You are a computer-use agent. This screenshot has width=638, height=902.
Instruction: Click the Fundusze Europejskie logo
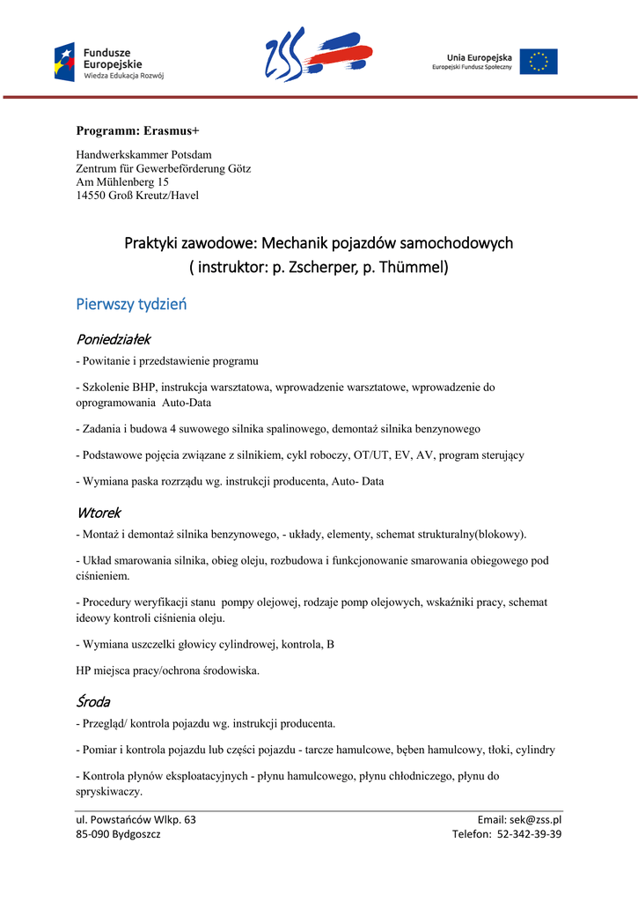[108, 61]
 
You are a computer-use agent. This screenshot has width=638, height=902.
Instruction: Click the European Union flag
[538, 62]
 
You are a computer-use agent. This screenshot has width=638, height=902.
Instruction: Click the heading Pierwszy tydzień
[131, 305]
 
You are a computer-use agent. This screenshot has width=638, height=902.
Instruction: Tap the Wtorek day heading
[99, 513]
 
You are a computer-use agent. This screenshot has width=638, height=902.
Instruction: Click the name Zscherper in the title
[318, 266]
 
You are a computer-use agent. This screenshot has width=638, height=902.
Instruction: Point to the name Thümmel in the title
[412, 266]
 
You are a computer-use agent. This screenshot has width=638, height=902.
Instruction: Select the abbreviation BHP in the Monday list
[143, 387]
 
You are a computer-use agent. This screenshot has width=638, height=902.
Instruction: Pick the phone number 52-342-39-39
[529, 833]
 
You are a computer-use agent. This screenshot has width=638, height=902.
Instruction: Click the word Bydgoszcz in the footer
[130, 833]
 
